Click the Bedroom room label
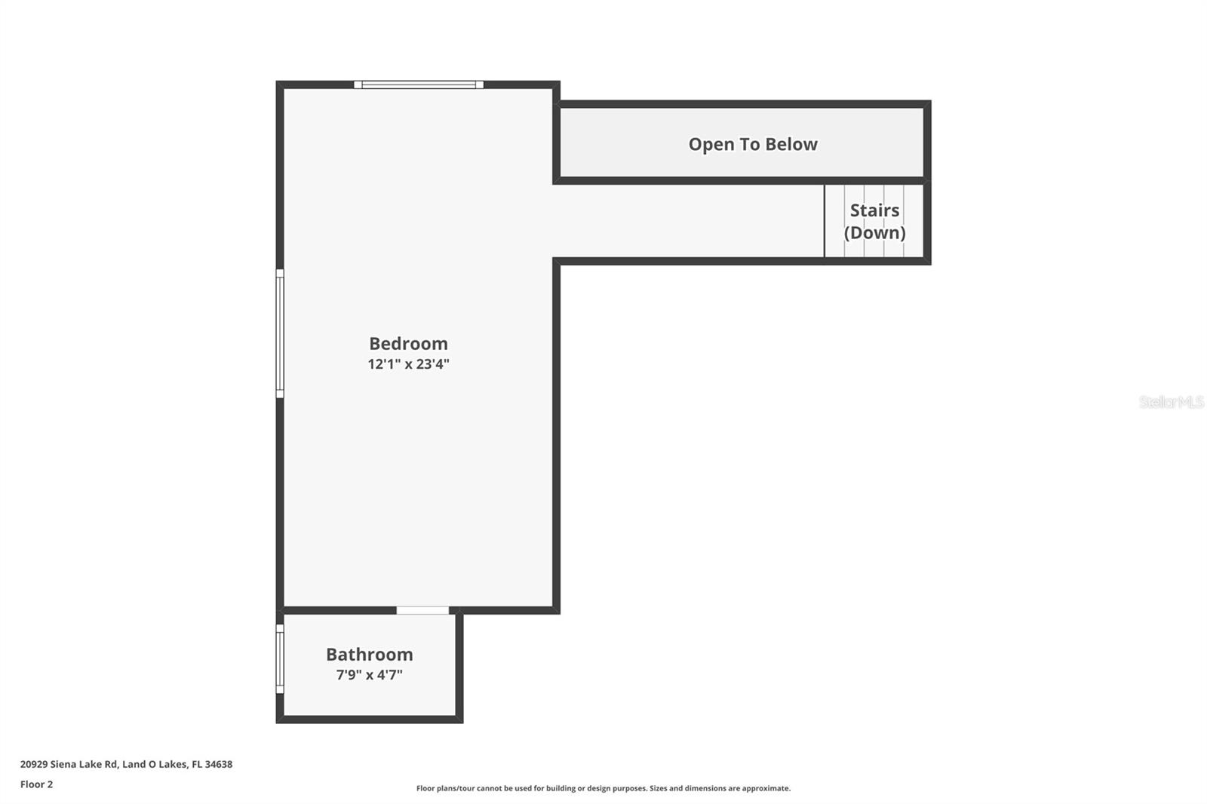408,344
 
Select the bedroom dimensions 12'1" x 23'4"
408,364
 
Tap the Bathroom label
369,655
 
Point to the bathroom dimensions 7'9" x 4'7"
369,675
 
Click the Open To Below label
752,144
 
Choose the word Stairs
874,210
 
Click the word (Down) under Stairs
874,232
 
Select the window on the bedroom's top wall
419,84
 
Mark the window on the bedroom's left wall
280,333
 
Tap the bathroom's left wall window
280,658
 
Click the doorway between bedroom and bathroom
422,610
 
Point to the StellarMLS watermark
1171,402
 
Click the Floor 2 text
36,784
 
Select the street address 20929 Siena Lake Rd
69,764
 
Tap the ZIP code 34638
219,764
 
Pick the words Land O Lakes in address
154,764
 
